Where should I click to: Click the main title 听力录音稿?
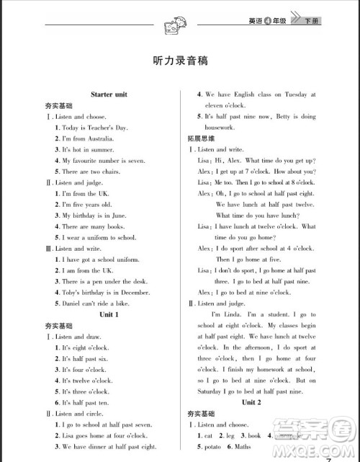[180, 61]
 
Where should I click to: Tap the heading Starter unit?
[110, 94]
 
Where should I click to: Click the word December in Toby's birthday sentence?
[133, 293]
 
